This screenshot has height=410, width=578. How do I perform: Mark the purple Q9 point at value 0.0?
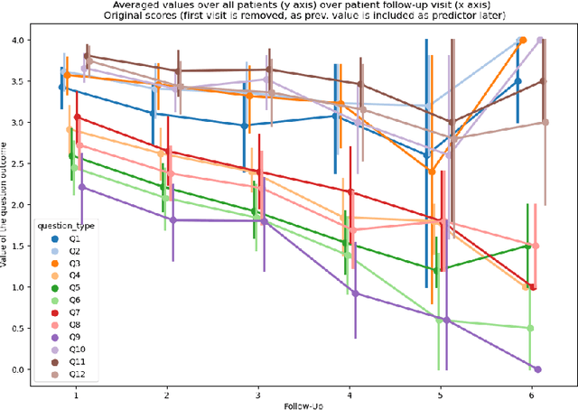pos(538,369)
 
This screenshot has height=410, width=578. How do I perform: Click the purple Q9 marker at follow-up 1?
pos(82,187)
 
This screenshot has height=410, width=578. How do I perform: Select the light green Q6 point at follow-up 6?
pos(530,328)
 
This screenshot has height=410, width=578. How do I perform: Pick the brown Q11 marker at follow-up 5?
pos(451,122)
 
